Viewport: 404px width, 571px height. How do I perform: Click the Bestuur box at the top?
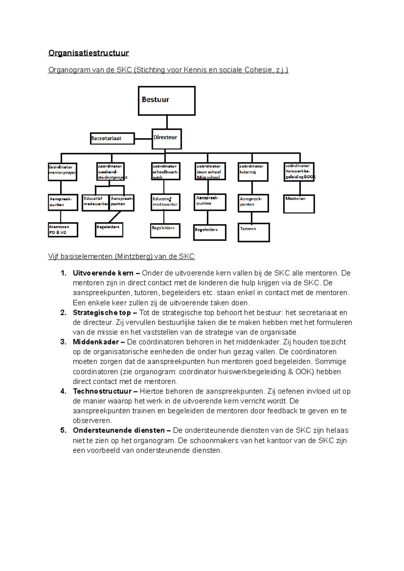point(167,101)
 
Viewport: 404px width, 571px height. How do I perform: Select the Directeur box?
point(167,139)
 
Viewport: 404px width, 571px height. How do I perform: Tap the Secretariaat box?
point(112,138)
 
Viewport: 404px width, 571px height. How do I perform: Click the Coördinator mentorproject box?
point(63,172)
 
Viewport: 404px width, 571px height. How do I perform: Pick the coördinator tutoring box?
point(253,172)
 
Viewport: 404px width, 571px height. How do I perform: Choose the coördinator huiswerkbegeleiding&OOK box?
point(299,172)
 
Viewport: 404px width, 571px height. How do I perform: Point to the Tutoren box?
point(254,232)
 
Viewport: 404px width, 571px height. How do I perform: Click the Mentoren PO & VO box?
point(63,230)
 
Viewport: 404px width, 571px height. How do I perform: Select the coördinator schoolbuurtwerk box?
point(166,171)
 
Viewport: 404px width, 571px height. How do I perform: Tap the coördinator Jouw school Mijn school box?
point(210,172)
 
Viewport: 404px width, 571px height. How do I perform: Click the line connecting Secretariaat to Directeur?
point(143,139)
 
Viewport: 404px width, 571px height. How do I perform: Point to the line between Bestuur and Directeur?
point(167,122)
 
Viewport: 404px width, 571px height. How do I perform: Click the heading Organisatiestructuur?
point(89,53)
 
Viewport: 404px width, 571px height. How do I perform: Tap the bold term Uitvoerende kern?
point(103,273)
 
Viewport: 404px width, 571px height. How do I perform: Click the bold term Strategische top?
point(102,313)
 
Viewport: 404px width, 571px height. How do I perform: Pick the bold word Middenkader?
point(96,342)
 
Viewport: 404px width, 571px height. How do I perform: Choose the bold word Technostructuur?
point(102,391)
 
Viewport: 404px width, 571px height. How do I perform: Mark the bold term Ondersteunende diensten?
point(119,430)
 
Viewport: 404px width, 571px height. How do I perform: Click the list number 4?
point(63,391)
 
